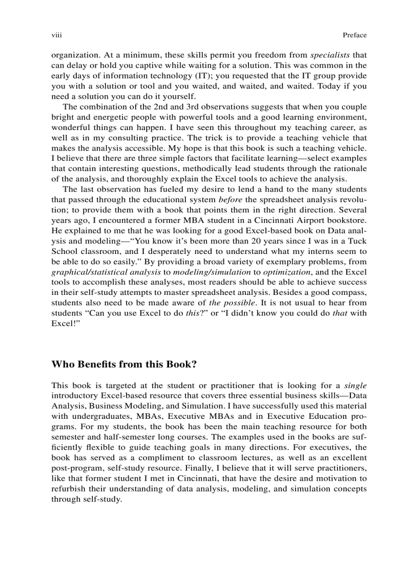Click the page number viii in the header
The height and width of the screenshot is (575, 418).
[x=56, y=35]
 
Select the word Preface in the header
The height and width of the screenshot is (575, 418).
[x=354, y=35]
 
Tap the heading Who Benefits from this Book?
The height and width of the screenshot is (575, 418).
[x=124, y=365]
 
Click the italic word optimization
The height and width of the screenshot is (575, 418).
[x=286, y=272]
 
